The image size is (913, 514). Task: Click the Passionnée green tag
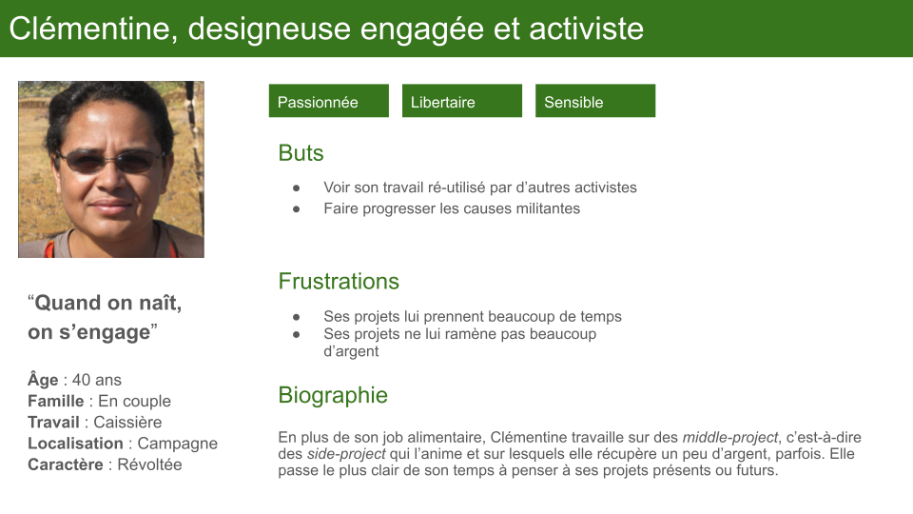pyautogui.click(x=328, y=101)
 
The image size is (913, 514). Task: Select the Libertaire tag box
pyautogui.click(x=462, y=101)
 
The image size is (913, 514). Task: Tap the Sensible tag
pyautogui.click(x=595, y=101)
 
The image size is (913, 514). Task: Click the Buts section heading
pyautogui.click(x=301, y=153)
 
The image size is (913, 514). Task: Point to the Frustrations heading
pyautogui.click(x=339, y=282)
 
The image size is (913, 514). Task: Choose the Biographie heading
pyautogui.click(x=333, y=396)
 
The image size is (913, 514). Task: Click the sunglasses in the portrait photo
pyautogui.click(x=110, y=160)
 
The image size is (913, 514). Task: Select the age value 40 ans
pyautogui.click(x=97, y=380)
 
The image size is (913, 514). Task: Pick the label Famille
pyautogui.click(x=56, y=401)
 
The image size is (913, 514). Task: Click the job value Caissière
pyautogui.click(x=127, y=422)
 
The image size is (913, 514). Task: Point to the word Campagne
pyautogui.click(x=178, y=445)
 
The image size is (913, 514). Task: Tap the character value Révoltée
pyautogui.click(x=149, y=465)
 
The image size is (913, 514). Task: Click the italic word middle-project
pyautogui.click(x=730, y=438)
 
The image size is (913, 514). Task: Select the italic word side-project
pyautogui.click(x=346, y=454)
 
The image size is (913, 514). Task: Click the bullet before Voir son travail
pyautogui.click(x=297, y=188)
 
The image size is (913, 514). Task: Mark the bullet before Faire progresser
pyautogui.click(x=297, y=208)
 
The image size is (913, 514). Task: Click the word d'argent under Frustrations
pyautogui.click(x=351, y=351)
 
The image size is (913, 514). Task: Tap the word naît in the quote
pyautogui.click(x=160, y=303)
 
